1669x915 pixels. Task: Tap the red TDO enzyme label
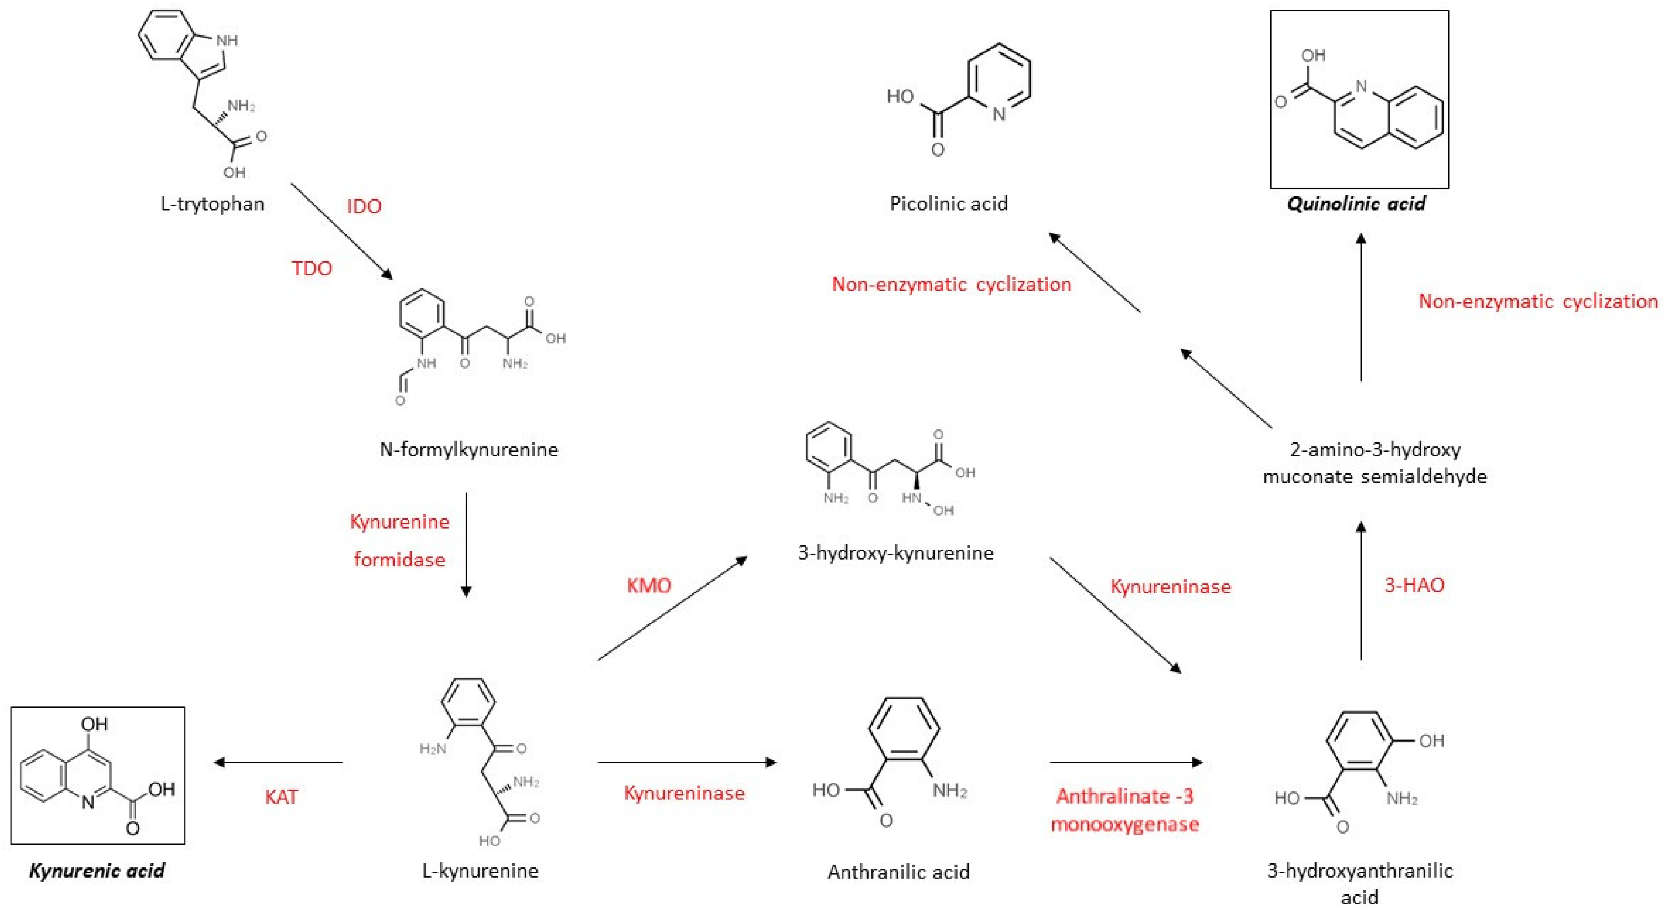pos(312,268)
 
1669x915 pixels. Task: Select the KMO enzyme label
pos(649,586)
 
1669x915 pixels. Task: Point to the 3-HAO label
pos(1415,585)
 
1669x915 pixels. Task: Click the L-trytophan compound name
pos(212,204)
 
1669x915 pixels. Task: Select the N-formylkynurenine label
pos(468,449)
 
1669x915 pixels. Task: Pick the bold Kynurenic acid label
pos(97,870)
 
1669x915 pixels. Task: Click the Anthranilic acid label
pos(898,872)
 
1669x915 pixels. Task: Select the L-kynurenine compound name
pos(480,870)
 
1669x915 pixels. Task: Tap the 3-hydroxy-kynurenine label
pos(895,553)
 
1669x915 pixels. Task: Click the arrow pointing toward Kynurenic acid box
pos(279,762)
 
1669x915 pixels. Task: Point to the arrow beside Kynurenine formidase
pos(466,545)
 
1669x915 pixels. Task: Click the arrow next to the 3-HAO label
pos(1361,590)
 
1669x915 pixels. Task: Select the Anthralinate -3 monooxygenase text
pos(1125,810)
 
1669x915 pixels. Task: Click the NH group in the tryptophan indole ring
pos(227,40)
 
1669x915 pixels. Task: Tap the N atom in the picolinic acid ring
pos(999,115)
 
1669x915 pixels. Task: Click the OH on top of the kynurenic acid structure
pos(95,724)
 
